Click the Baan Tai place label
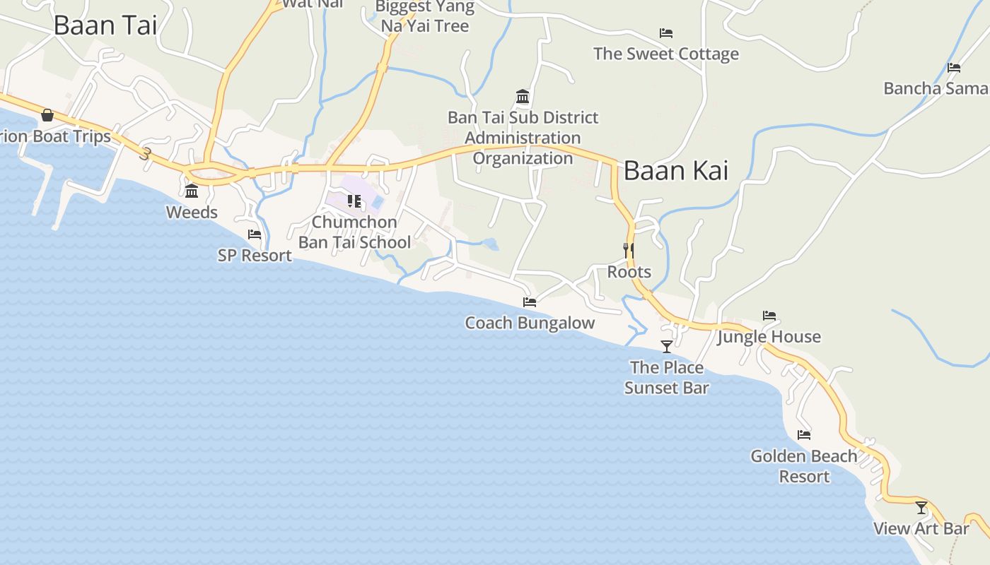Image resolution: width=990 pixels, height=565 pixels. (x=105, y=25)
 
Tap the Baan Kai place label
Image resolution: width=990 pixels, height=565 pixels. (x=675, y=171)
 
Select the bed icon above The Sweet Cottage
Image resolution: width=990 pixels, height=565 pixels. (x=665, y=33)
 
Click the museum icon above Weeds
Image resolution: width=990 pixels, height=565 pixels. (x=192, y=191)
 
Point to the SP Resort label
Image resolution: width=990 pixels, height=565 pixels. (x=255, y=256)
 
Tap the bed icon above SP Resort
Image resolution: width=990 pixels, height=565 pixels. (x=255, y=234)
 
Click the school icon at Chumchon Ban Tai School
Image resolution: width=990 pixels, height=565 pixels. (x=354, y=201)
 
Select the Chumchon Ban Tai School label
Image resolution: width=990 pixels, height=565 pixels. (x=354, y=232)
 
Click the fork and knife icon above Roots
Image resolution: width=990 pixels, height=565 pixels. (x=629, y=250)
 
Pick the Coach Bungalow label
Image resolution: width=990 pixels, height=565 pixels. (x=530, y=323)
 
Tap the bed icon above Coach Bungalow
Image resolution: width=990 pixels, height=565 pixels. (x=530, y=302)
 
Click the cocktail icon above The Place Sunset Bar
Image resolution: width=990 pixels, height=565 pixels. (x=666, y=346)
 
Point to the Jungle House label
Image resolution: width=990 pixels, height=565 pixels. (x=769, y=337)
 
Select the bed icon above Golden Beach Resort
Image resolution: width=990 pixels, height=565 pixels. (x=804, y=435)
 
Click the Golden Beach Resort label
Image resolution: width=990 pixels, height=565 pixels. (x=804, y=466)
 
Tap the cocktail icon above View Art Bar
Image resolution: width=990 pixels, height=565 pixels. (x=921, y=508)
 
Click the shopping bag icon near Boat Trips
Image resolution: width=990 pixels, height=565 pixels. (x=47, y=114)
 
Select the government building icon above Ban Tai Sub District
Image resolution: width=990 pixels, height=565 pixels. (x=523, y=96)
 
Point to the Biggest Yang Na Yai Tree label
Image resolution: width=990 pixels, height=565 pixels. (x=424, y=17)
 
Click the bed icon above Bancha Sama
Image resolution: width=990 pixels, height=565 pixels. (x=954, y=68)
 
